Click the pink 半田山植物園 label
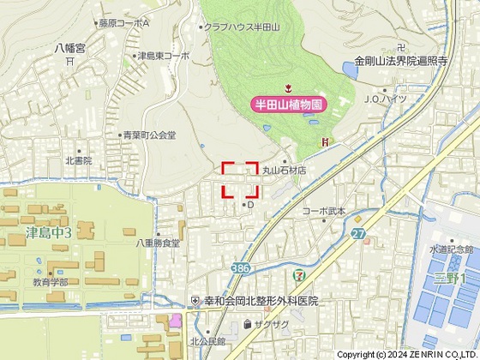pos(290,104)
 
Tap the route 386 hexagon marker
pos(241,268)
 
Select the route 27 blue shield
pos(357,233)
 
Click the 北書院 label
pos(78,161)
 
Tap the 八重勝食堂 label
pos(158,243)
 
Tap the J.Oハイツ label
pos(385,99)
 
